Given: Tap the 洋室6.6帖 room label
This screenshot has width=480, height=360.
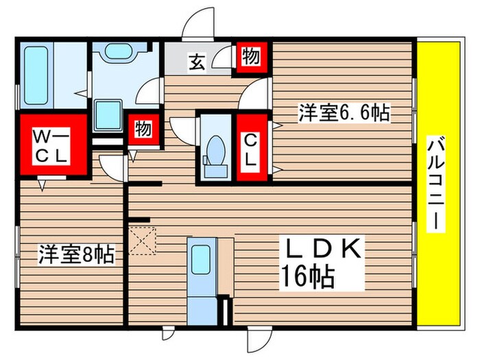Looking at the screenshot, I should coord(344,113).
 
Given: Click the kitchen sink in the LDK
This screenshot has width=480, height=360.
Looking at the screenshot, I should coord(202,260).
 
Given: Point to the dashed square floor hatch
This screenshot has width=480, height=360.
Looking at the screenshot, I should coord(143,241).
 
